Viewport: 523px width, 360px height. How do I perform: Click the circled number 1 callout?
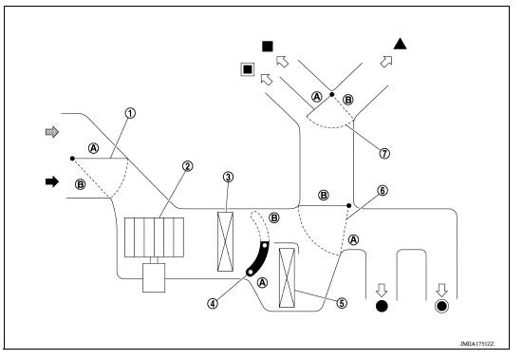(x=130, y=113)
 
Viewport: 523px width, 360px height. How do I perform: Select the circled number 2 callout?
(x=187, y=166)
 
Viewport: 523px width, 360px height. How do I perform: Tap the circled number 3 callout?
(x=228, y=177)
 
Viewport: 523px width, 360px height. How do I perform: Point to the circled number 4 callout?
(x=213, y=303)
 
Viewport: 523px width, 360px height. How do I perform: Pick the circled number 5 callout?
(x=342, y=303)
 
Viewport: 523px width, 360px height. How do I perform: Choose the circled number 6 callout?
(x=383, y=191)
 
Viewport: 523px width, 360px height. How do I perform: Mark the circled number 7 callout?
(x=384, y=154)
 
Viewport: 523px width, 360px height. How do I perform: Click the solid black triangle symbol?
(x=400, y=44)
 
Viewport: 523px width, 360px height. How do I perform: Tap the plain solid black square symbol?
(x=268, y=47)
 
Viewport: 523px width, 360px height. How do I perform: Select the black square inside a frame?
(x=248, y=69)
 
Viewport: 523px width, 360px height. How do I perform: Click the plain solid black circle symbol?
(x=382, y=306)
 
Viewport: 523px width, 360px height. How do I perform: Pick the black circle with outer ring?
(x=441, y=306)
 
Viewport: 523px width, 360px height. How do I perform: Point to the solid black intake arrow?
(x=52, y=181)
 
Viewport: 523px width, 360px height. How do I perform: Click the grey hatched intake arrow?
(x=52, y=132)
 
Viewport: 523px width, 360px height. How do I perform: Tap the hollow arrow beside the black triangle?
(x=386, y=62)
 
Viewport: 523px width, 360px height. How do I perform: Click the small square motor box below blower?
(x=154, y=278)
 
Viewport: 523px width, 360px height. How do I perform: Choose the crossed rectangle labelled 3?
(x=225, y=241)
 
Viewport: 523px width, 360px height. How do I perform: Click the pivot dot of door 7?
(x=332, y=94)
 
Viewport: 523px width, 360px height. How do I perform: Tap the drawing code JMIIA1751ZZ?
(x=477, y=344)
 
